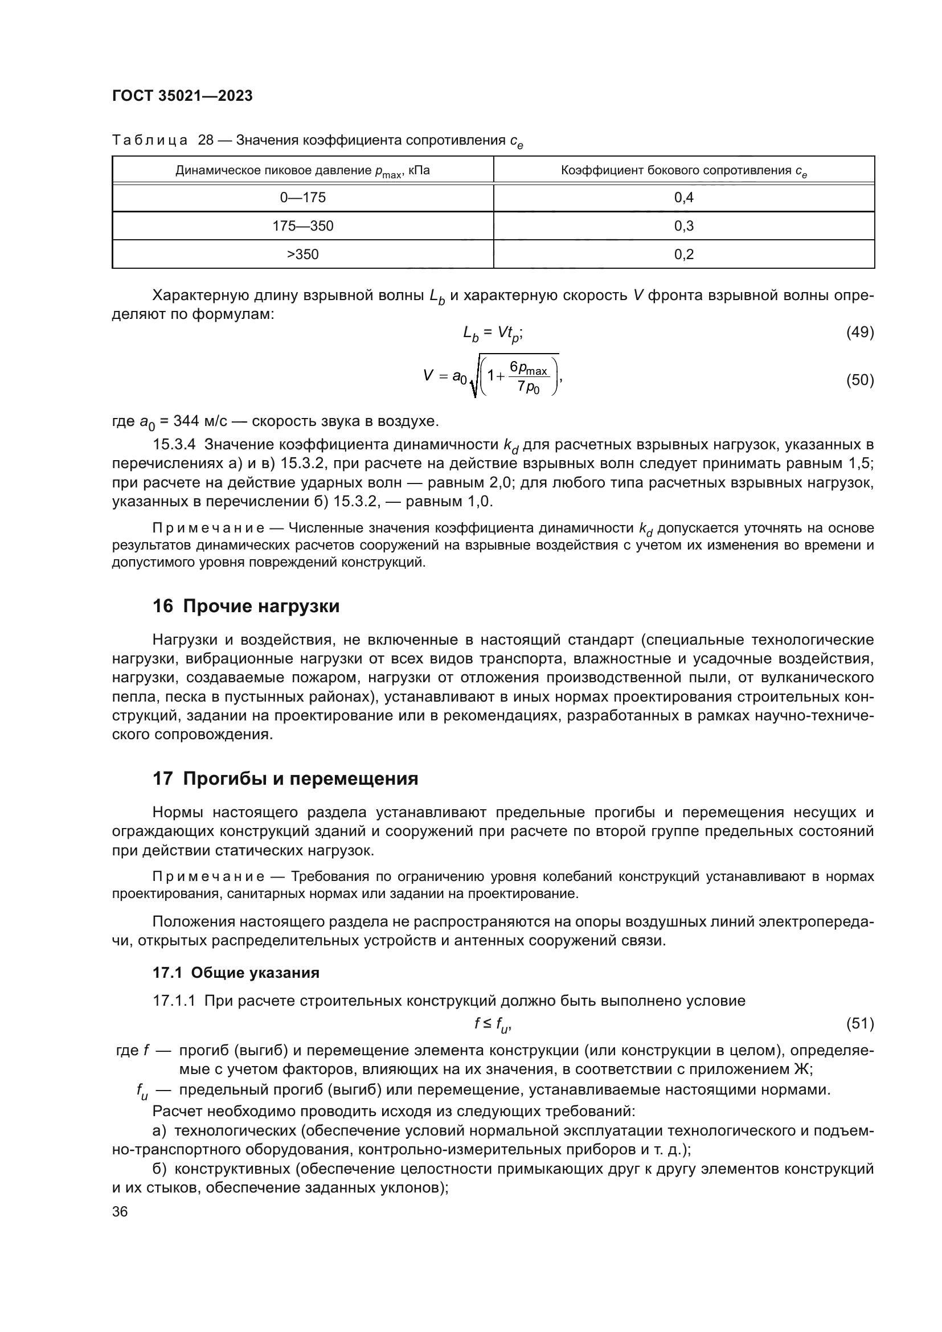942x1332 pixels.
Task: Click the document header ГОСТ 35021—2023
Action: pos(182,96)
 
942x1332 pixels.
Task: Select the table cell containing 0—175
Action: pos(303,198)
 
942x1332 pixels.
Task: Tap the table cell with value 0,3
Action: pos(683,226)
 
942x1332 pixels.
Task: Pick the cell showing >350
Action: pos(303,255)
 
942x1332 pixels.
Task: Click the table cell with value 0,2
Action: pos(683,255)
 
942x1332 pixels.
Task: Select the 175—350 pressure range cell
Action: pos(303,226)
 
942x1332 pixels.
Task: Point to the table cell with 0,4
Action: pos(683,198)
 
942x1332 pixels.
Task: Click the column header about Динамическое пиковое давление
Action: pos(303,171)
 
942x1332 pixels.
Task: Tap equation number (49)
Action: pos(859,333)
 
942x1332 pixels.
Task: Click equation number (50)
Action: pos(859,380)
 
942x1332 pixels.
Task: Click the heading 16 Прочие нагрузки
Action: pos(246,606)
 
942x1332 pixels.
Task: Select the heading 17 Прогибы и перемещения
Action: pos(285,778)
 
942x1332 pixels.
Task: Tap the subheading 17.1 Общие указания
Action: pos(236,973)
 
